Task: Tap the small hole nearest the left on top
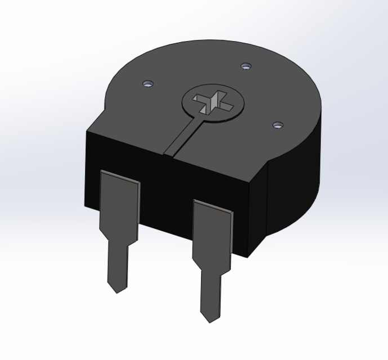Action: (x=148, y=84)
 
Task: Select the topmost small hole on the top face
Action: (x=245, y=67)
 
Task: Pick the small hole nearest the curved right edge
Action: (x=276, y=124)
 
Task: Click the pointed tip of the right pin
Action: (x=209, y=321)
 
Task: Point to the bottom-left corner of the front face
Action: (x=85, y=205)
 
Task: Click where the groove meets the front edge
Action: (x=170, y=153)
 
